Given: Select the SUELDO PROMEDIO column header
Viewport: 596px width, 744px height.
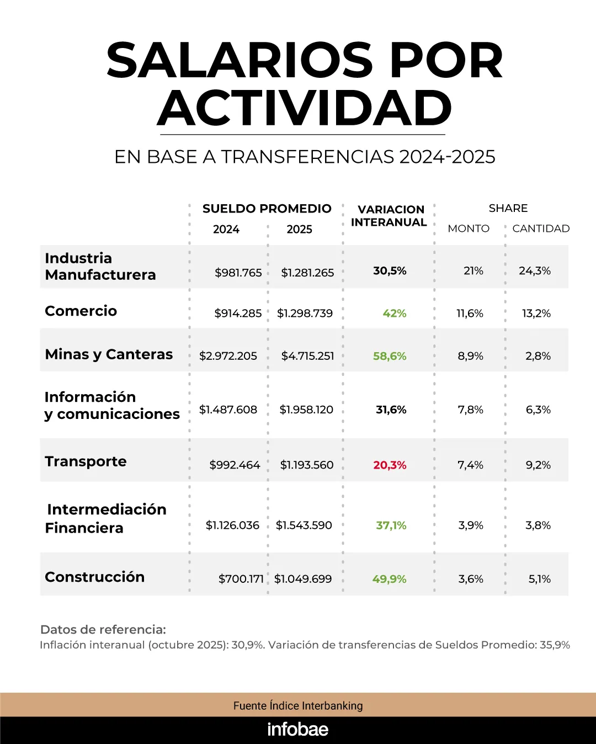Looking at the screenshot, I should pos(267,209).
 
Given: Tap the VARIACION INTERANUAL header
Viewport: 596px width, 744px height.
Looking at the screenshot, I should pos(390,216).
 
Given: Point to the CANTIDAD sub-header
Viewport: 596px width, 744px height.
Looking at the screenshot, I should pos(541,228).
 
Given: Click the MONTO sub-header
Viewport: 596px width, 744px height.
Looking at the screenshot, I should pos(469,228).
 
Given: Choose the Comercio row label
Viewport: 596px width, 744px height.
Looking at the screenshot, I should pos(81,311).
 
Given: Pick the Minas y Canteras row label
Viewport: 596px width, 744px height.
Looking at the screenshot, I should pos(109,354).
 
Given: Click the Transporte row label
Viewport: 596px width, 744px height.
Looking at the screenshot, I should pos(86,461).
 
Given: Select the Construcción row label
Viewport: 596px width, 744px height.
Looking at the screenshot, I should pos(94,577).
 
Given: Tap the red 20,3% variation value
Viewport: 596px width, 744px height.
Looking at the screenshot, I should pos(390,465).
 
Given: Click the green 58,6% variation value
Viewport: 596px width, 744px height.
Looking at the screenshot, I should pos(390,356).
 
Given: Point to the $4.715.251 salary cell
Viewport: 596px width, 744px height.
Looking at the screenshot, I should pos(307,356).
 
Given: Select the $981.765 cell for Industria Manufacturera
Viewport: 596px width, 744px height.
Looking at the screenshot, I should pos(238,273).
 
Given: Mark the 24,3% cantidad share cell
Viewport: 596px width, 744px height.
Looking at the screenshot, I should pos(535,271).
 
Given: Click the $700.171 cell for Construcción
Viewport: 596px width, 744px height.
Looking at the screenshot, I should pos(241,579).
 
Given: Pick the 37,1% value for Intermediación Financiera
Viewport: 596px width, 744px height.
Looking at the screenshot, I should pos(391,525).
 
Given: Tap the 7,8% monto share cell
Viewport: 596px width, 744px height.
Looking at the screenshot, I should pos(470,410).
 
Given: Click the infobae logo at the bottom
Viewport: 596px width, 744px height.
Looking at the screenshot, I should pos(298,730).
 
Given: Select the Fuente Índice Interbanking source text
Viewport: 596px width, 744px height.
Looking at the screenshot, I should pos(298,705).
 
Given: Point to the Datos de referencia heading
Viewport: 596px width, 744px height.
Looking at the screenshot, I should pos(103,630).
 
